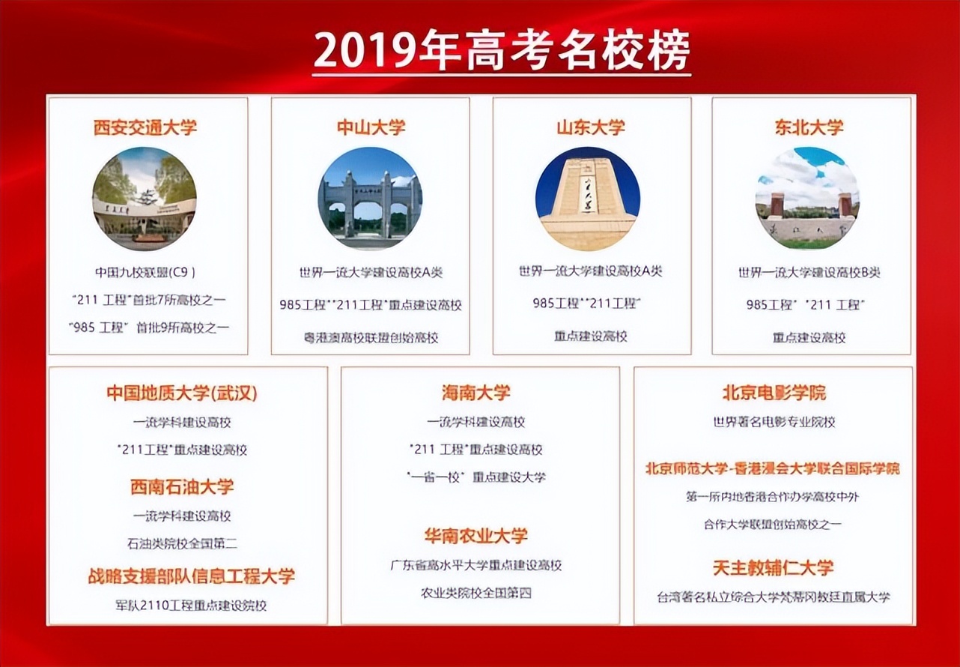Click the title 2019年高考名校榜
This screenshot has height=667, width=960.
coord(501,50)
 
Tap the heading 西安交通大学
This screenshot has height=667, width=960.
coord(145,127)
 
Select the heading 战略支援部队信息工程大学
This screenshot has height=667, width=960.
coord(192,576)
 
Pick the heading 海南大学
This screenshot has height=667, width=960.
coord(476,393)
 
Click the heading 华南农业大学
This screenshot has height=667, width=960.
coord(476,537)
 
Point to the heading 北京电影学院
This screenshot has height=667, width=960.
coord(774,393)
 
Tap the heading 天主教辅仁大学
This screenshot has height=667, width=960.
coord(774,567)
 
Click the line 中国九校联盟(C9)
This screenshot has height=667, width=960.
coord(145,272)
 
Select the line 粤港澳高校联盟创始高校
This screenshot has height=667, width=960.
coord(370,337)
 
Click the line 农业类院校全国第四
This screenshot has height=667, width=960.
coord(476,593)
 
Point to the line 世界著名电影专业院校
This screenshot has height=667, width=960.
coord(774,422)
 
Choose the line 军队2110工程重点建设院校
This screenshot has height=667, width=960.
coord(192,605)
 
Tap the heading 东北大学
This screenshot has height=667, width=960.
coord(809,127)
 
